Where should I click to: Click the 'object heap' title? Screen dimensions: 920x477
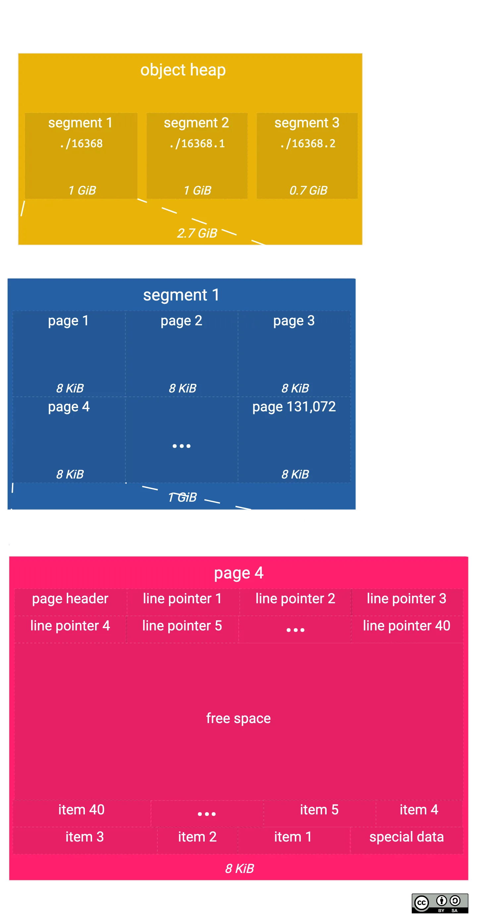click(183, 70)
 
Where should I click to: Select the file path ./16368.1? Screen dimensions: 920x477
click(197, 144)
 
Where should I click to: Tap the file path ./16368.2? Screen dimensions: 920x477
click(308, 144)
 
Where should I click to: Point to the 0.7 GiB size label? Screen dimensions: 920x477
click(308, 190)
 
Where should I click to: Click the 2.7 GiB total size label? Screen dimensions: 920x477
click(197, 233)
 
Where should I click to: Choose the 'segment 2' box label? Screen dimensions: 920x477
click(196, 123)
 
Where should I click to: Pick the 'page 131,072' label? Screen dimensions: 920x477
click(294, 407)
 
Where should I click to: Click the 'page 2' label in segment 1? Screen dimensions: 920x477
click(181, 321)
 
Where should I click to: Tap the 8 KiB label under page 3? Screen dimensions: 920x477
click(295, 388)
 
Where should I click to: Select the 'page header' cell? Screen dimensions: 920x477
click(70, 599)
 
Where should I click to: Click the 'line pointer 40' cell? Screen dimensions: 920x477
click(406, 626)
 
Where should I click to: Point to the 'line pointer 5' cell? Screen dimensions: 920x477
click(182, 626)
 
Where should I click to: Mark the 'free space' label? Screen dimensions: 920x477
click(238, 718)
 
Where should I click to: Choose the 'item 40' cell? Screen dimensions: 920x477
click(81, 810)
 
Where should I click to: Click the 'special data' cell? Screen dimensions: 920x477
click(406, 837)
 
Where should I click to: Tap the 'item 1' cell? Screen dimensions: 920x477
click(293, 837)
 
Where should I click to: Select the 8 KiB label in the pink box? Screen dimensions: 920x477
click(239, 869)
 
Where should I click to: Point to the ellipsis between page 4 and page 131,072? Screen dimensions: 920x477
click(181, 446)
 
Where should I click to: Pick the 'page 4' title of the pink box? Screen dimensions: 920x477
click(238, 573)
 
